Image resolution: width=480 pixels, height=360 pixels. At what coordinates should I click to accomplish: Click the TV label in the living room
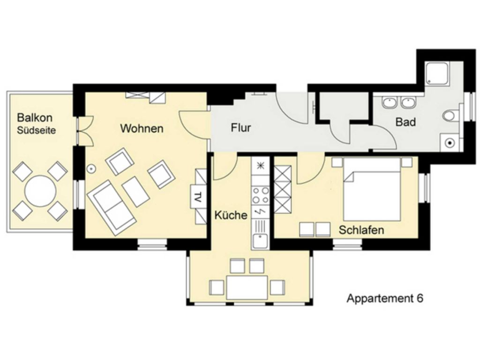[x=197, y=197]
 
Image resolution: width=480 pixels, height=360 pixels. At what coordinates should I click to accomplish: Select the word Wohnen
[x=142, y=128]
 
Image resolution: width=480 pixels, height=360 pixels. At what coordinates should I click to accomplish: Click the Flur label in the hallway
[x=241, y=127]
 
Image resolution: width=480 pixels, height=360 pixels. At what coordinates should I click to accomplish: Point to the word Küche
[x=231, y=215]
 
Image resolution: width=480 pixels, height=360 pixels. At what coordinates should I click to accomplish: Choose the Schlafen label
[x=361, y=230]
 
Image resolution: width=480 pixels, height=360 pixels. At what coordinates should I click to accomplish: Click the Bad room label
[x=405, y=122]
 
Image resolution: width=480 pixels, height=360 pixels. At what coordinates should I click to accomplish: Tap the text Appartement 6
[x=385, y=298]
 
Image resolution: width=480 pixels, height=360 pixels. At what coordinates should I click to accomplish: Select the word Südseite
[x=37, y=130]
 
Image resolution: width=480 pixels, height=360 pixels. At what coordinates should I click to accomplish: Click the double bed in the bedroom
[x=372, y=189]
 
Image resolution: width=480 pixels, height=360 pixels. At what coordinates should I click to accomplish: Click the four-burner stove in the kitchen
[x=261, y=195]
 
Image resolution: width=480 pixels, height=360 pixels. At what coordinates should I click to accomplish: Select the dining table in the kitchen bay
[x=247, y=287]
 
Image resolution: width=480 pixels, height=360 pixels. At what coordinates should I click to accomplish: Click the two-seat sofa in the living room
[x=112, y=208]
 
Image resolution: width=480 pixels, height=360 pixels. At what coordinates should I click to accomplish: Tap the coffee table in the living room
[x=135, y=192]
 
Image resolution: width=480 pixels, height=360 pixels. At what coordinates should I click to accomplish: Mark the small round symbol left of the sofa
[x=91, y=168]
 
